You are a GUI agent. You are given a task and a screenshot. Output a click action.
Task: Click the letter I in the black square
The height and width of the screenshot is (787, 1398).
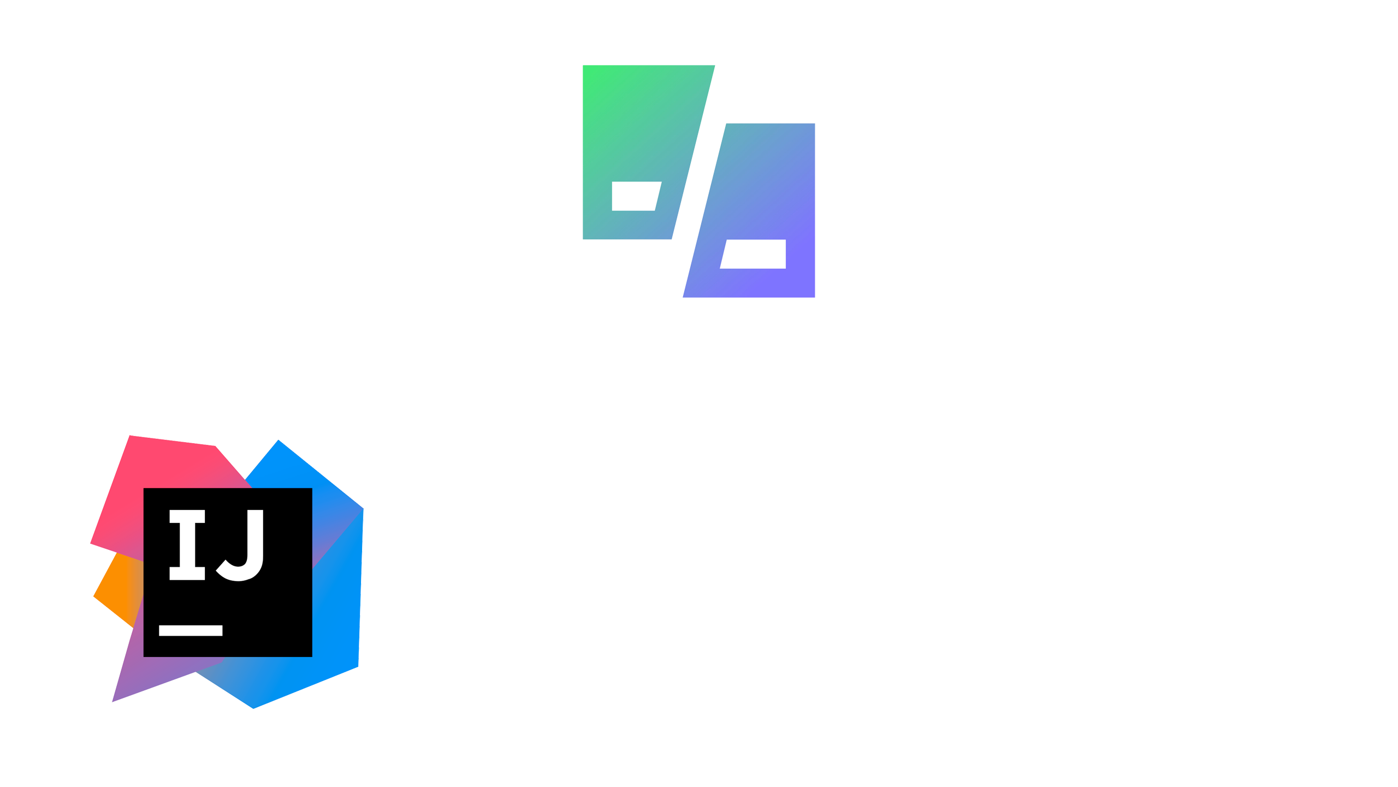point(187,545)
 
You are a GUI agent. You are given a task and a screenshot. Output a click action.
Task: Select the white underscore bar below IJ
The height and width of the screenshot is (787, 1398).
point(191,631)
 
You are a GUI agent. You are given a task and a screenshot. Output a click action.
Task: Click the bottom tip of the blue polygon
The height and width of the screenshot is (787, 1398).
point(254,706)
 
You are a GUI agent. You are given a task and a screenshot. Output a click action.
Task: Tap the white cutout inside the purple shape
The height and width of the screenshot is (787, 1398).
point(754,254)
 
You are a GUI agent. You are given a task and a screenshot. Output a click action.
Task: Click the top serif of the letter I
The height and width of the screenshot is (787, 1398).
point(187,516)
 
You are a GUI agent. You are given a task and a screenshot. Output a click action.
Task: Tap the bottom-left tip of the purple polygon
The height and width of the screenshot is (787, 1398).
point(114,700)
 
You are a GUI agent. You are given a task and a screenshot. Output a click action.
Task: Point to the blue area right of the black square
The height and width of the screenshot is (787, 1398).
point(336,612)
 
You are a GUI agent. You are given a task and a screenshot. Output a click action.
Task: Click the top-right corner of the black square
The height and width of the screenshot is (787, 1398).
point(311,489)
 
